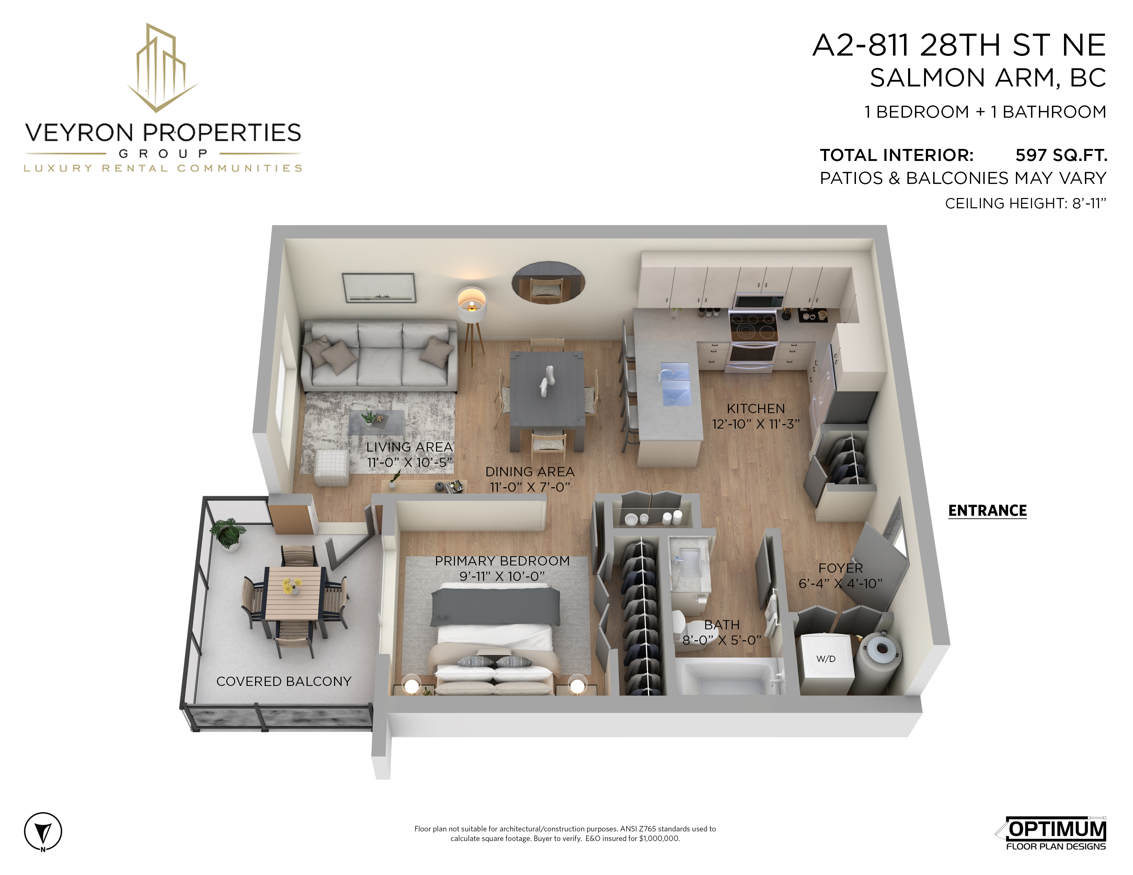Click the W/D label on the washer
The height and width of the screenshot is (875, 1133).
tap(826, 659)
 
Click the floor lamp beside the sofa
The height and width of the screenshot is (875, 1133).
tap(471, 322)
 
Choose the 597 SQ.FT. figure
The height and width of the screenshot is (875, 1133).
tap(1061, 155)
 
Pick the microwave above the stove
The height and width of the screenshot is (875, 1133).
tap(758, 301)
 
